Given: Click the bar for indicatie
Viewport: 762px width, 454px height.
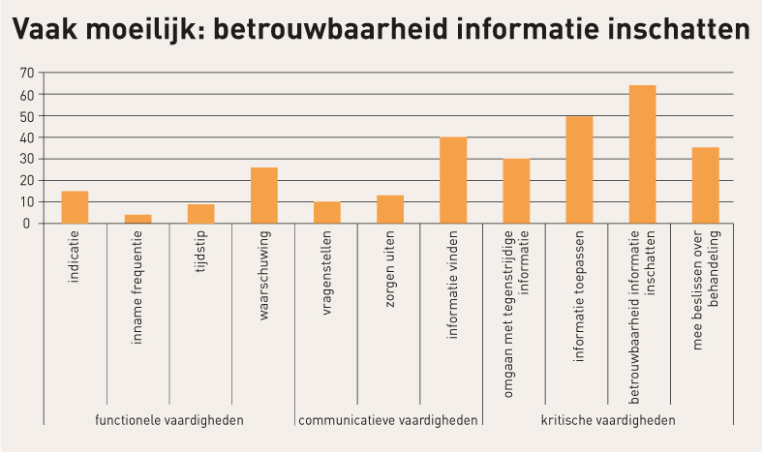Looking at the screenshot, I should [75, 207].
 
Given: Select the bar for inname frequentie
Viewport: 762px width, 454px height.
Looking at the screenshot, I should [137, 219].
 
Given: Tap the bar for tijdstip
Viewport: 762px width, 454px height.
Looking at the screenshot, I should [200, 213].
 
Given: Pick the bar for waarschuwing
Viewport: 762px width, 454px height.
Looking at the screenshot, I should [263, 196].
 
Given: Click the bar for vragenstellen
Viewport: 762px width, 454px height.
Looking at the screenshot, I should [327, 212].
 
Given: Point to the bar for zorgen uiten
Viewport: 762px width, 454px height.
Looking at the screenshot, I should [390, 209].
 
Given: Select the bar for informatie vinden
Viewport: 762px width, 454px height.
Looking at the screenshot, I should [453, 180].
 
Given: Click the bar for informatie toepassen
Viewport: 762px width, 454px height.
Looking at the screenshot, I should [579, 169].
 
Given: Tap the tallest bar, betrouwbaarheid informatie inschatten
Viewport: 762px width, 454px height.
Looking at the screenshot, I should [642, 154].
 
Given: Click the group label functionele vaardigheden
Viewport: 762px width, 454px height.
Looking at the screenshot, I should [168, 420].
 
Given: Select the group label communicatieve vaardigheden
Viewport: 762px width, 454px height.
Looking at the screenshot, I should [388, 420].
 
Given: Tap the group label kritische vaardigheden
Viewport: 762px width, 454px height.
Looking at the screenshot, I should [607, 420].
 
